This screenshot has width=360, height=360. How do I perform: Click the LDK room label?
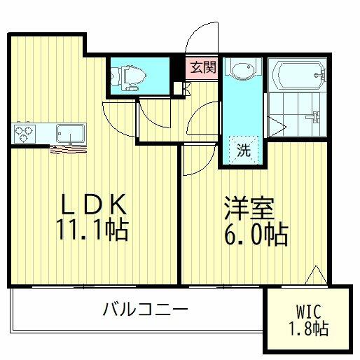(x=94, y=205)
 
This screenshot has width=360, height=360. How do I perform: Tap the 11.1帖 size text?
(x=92, y=230)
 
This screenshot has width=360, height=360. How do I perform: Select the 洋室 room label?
(x=249, y=209)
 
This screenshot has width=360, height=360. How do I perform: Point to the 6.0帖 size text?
(x=256, y=234)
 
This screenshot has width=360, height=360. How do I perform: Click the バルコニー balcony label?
(x=146, y=309)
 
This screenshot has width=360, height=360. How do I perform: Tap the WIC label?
(x=308, y=312)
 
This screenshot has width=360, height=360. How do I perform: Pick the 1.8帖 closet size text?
(x=309, y=328)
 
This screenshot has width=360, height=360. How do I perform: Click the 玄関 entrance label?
(x=203, y=68)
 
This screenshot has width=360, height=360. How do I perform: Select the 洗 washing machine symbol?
(x=244, y=150)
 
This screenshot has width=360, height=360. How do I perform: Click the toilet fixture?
(x=128, y=76)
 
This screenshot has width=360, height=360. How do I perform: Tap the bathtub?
(x=298, y=75)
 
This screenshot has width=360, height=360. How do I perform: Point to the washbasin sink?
(x=243, y=69)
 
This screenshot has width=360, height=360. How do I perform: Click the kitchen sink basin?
(x=71, y=134)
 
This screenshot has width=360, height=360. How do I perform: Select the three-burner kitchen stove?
(x=25, y=134)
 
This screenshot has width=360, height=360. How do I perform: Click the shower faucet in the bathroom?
(x=314, y=117)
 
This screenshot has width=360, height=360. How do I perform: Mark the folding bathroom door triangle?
(x=277, y=127)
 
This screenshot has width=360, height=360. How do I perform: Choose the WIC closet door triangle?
(x=316, y=275)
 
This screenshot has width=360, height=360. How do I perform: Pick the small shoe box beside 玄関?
(x=178, y=88)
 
